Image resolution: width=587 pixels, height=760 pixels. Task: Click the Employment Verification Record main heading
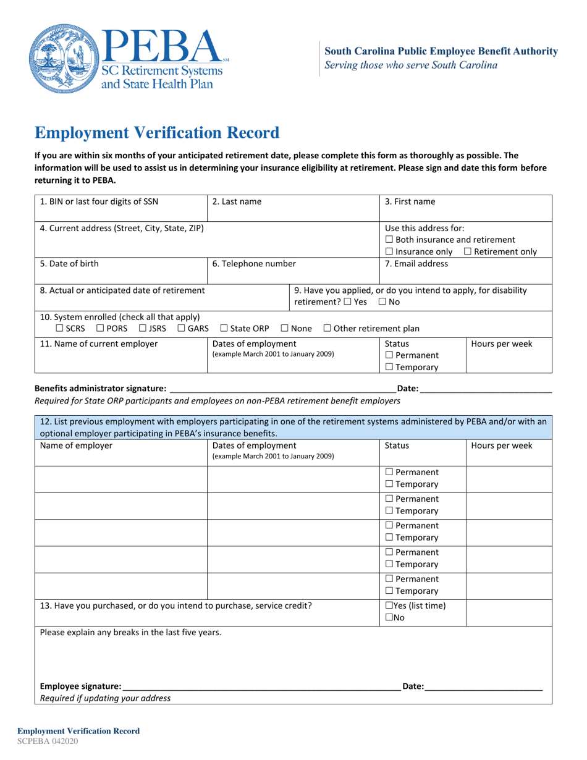pyautogui.click(x=156, y=133)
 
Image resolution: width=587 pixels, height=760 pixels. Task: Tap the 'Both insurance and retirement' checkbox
pyautogui.click(x=389, y=240)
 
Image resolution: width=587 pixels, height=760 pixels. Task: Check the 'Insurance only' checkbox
pyautogui.click(x=389, y=251)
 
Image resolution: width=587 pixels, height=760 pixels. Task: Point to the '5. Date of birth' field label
pyautogui.click(x=69, y=264)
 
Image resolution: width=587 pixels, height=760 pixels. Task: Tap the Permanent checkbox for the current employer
pyautogui.click(x=389, y=355)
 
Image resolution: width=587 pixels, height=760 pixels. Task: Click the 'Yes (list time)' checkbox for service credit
pyautogui.click(x=389, y=606)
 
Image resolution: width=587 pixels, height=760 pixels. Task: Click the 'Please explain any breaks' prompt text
pyautogui.click(x=130, y=632)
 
